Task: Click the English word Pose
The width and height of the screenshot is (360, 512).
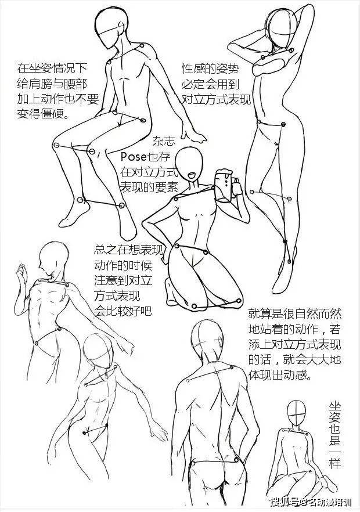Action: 134,157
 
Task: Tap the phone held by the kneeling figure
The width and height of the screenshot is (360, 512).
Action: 224,185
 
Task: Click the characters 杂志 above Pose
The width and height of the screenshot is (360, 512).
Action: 164,141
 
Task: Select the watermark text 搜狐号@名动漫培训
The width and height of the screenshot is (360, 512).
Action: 311,501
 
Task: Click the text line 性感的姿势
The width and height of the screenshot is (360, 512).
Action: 210,69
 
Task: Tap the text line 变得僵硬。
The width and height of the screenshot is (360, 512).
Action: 43,113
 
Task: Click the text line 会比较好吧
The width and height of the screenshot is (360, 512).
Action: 123,311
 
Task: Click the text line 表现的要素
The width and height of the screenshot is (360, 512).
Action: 149,186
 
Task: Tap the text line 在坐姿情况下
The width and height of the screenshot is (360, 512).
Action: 52,68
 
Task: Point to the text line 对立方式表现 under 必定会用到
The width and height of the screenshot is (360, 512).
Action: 216,99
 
